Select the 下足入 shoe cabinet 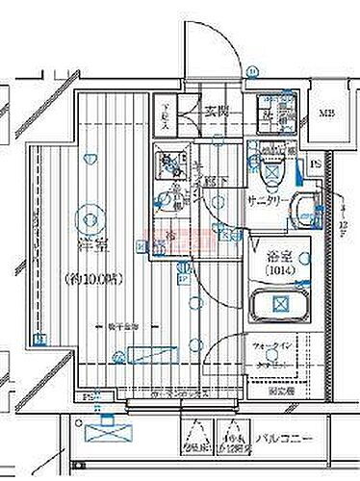167,117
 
